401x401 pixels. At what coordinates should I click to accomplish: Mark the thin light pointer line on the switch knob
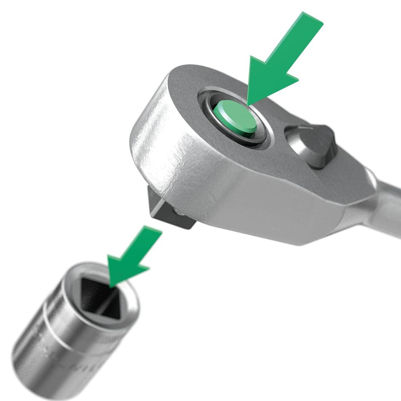[303, 128]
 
